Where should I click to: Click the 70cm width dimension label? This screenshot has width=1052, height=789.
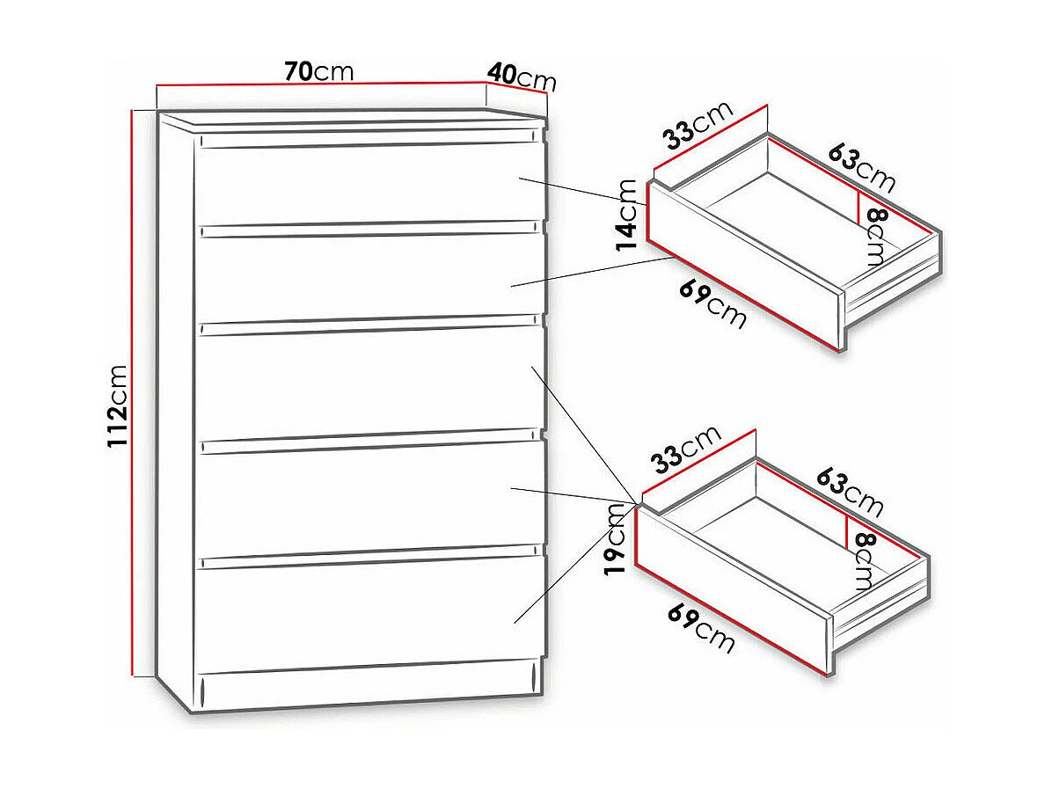point(318,72)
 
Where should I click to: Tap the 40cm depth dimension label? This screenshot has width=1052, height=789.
point(522,77)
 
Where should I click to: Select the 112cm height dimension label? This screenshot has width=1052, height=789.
point(119,405)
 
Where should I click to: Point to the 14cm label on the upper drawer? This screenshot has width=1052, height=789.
point(627,215)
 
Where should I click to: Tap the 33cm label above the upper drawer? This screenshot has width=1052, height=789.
point(698,126)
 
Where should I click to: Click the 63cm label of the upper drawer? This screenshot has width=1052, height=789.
point(861,167)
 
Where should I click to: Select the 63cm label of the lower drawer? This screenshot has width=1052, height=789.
point(849,493)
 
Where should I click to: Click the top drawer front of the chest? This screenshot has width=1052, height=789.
point(367,182)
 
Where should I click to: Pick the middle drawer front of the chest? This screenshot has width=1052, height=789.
point(367,378)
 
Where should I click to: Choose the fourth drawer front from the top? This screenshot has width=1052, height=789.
point(367,493)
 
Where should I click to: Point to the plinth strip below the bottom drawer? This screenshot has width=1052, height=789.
point(367,688)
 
